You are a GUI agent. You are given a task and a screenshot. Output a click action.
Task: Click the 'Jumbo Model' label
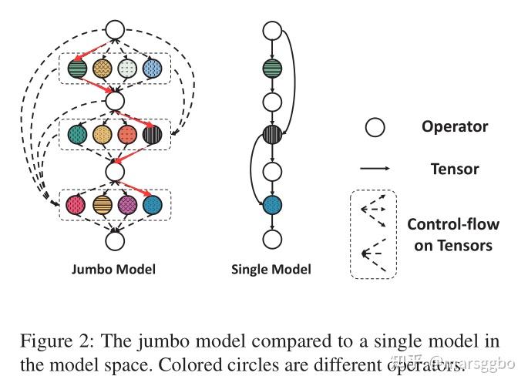[114, 270]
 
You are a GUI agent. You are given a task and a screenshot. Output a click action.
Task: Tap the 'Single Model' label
[271, 270]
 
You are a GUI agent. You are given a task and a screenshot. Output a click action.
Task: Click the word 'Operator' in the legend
[455, 127]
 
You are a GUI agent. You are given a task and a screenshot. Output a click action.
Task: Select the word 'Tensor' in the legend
[455, 169]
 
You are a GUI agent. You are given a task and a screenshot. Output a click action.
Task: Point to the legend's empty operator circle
[375, 127]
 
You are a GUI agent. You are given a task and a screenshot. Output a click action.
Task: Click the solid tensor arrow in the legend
[375, 168]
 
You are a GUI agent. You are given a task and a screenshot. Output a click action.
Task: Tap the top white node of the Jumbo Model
[115, 29]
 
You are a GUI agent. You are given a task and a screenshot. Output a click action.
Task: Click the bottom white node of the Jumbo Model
[115, 241]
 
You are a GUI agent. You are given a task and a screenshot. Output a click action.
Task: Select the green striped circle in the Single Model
[272, 69]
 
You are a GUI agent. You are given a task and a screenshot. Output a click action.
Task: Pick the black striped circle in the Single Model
[272, 134]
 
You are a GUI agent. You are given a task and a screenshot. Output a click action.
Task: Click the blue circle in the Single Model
[272, 205]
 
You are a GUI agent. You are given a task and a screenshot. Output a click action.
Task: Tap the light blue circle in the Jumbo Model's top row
[152, 69]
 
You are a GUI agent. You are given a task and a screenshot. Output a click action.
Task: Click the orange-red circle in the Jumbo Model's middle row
[127, 134]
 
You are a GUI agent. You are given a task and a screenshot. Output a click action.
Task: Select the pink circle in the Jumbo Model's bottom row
[76, 205]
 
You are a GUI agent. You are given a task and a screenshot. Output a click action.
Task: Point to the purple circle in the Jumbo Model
[128, 205]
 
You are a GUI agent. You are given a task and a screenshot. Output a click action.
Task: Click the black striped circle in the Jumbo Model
[152, 134]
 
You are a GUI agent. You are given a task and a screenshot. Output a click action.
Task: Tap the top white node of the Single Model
[272, 31]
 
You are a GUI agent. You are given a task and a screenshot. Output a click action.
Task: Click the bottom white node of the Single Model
[272, 240]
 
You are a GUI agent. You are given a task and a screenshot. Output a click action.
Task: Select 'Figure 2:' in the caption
[56, 341]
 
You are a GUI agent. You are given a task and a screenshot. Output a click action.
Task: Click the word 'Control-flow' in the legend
[453, 224]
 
